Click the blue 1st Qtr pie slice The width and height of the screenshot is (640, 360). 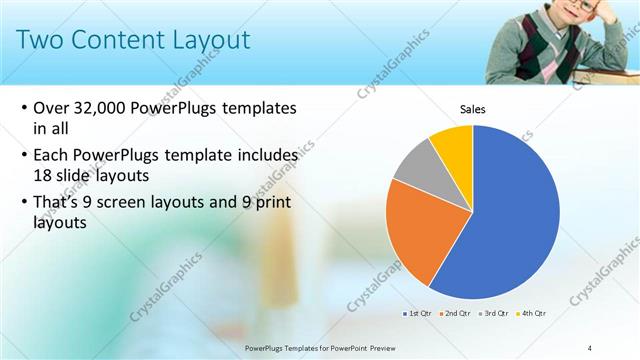(510, 220)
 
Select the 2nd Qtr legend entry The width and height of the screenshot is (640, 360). (457, 313)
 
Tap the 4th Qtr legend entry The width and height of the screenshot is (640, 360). (533, 313)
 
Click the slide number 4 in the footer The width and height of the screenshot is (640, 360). (590, 347)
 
